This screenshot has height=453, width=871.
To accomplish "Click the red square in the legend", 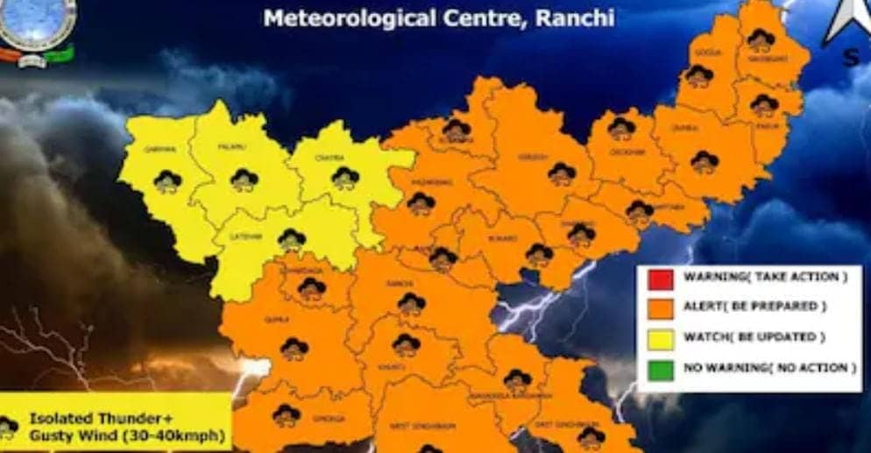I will click(662, 279).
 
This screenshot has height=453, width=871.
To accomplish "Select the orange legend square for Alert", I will click(662, 308).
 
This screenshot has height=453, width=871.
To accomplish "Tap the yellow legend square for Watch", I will click(662, 338).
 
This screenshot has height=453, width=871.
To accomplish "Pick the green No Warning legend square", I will click(662, 368).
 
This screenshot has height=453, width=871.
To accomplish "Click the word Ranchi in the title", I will click(570, 17).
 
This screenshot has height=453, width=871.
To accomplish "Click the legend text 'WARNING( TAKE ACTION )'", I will click(764, 278).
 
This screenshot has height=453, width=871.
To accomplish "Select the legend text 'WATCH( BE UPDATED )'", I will click(754, 337).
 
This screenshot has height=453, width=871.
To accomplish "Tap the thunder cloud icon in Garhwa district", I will click(166, 181).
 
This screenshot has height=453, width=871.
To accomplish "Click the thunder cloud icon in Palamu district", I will click(244, 180).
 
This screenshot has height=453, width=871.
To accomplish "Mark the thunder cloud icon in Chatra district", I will click(345, 178).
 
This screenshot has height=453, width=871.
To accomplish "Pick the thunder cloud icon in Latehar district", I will click(291, 238).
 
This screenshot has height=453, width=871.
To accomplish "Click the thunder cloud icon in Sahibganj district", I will click(760, 39).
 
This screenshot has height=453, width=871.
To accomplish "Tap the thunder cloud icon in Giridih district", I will click(561, 173).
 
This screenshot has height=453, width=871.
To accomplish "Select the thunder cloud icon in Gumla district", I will click(294, 349).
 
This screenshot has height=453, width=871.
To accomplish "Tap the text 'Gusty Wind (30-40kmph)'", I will click(128, 435).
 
